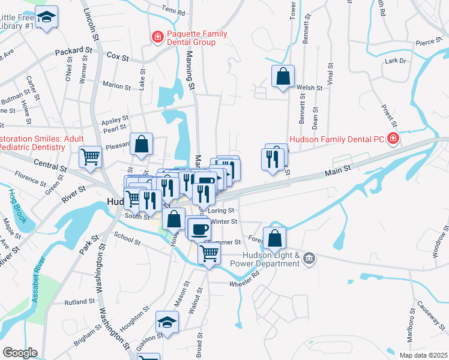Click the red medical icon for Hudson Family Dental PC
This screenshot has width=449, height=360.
(x=393, y=139)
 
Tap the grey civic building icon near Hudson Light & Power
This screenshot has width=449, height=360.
(x=309, y=259)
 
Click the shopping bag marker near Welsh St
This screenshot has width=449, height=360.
(x=283, y=77)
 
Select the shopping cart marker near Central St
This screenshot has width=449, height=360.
(x=91, y=157)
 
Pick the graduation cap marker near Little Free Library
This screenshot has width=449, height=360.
(x=46, y=17)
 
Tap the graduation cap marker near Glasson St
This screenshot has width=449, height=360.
(x=167, y=322)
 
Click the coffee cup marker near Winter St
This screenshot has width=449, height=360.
(x=199, y=229)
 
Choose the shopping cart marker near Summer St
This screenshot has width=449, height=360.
(x=209, y=253)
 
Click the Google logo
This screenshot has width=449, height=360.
(x=20, y=352)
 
